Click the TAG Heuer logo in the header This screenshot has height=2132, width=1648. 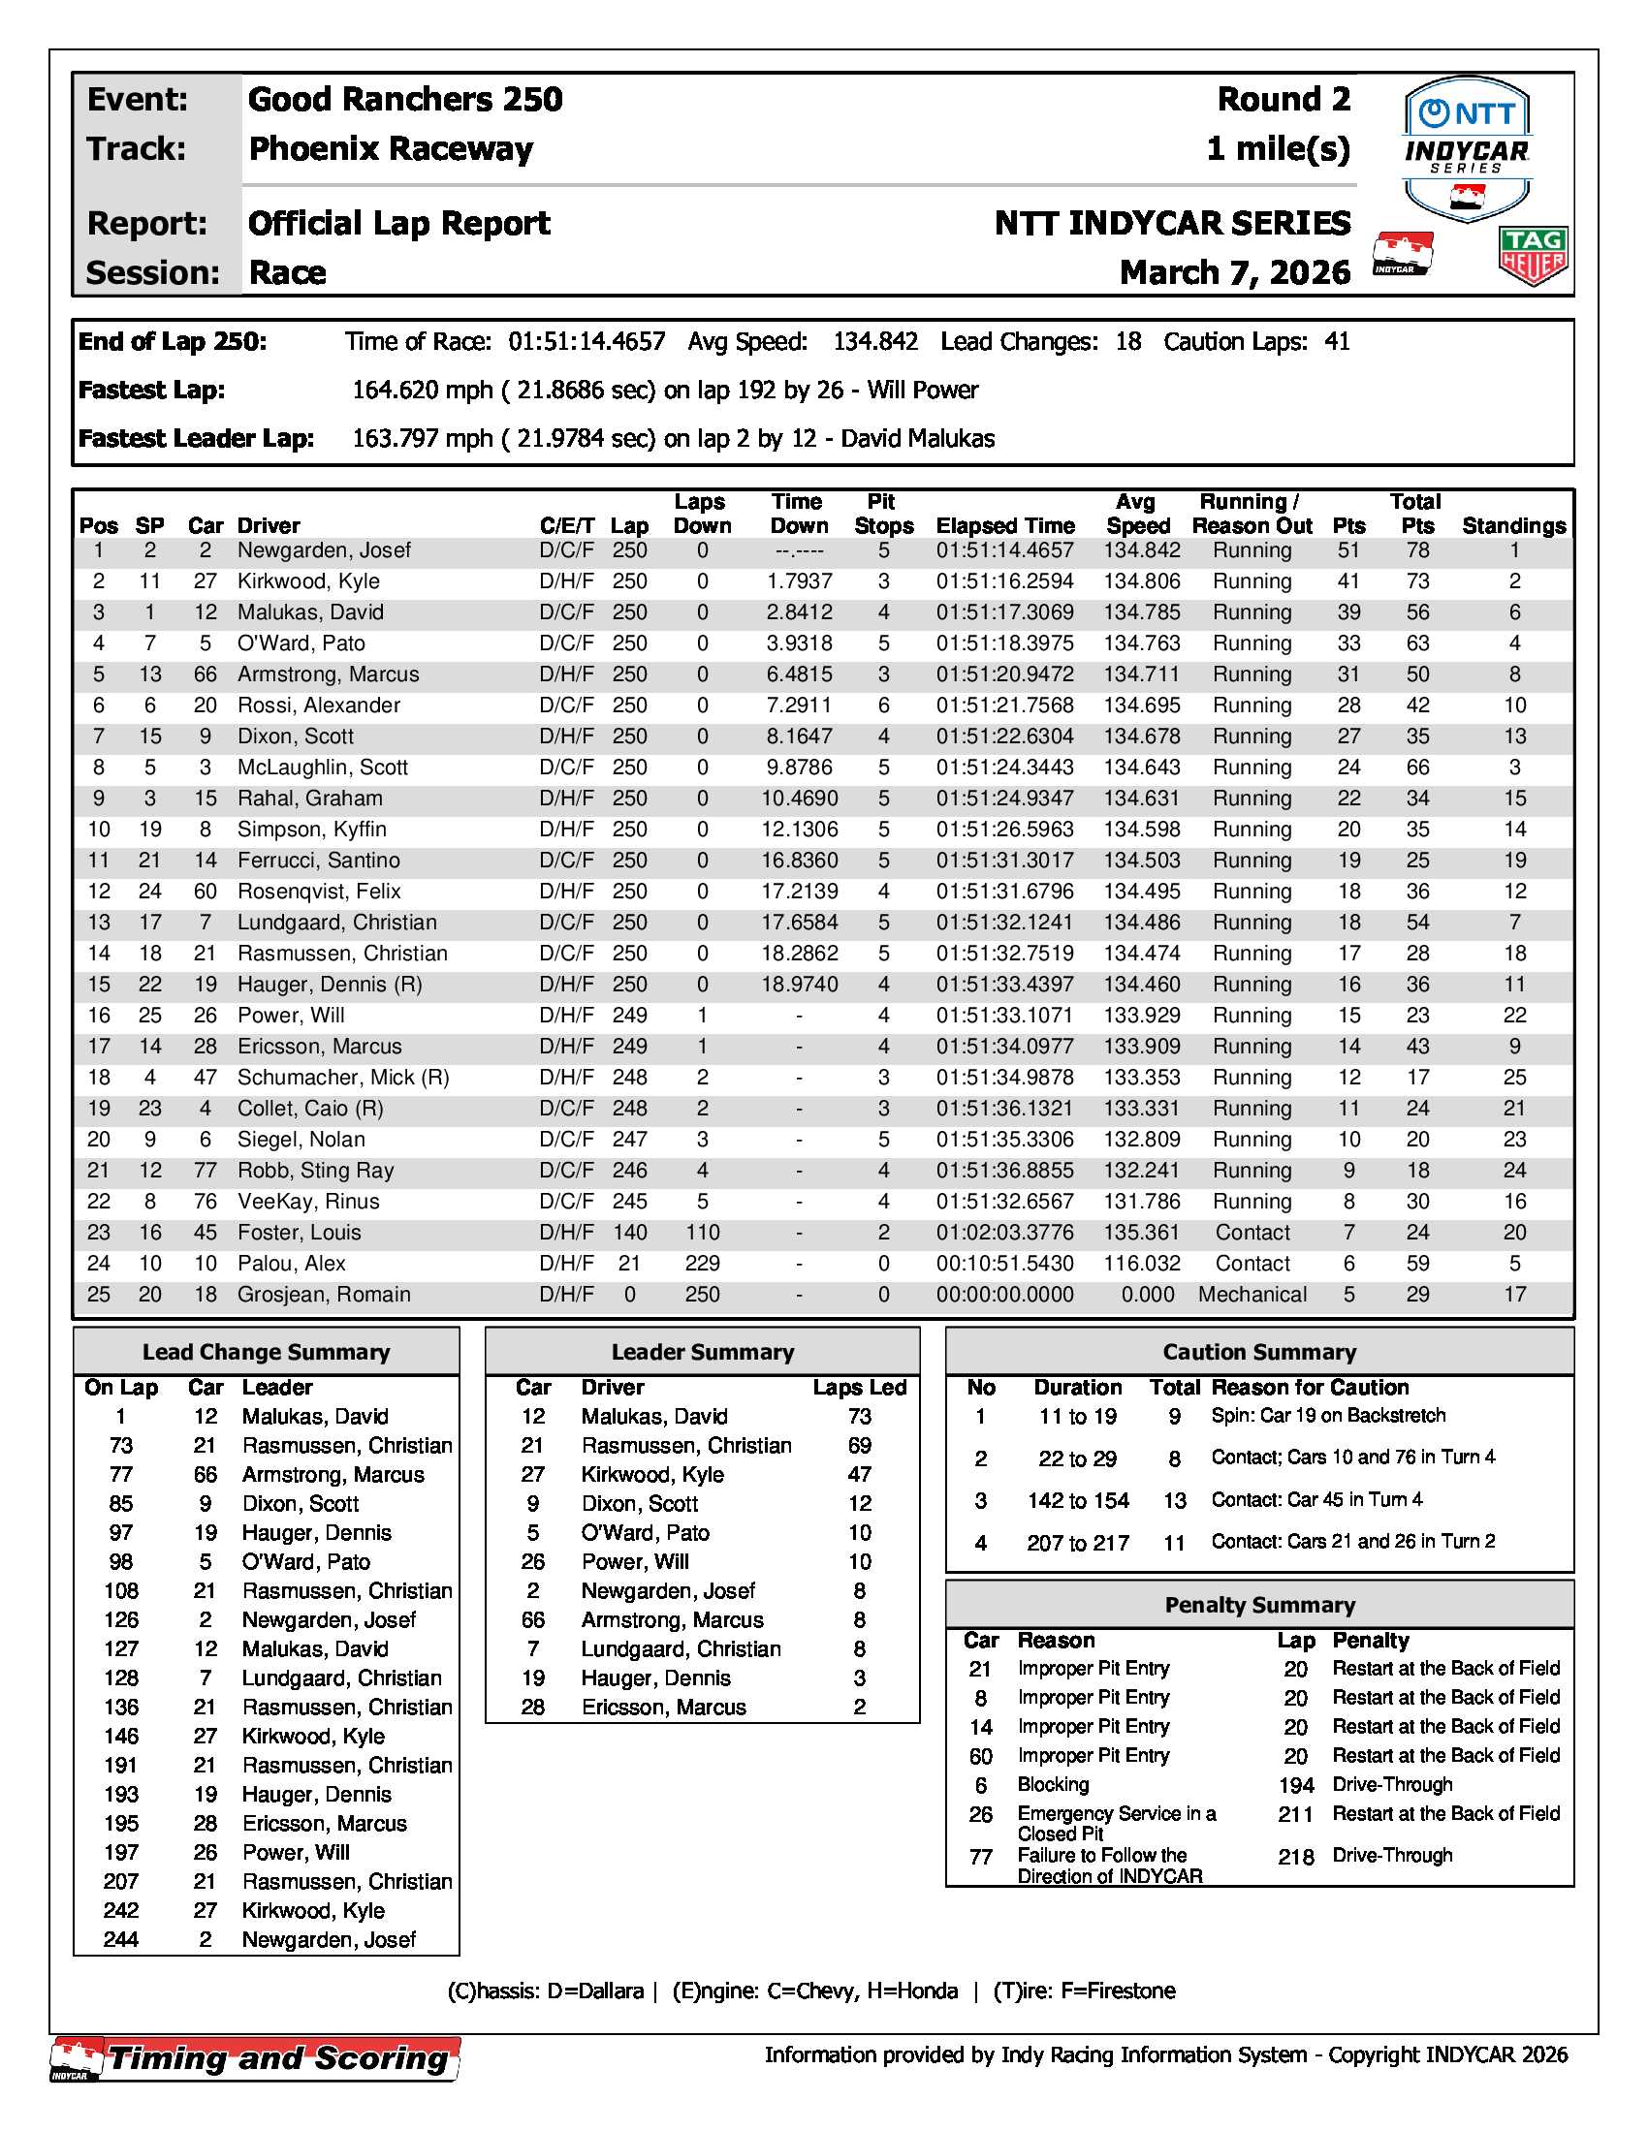[x=1532, y=256]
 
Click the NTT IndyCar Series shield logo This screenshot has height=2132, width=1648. [x=1467, y=148]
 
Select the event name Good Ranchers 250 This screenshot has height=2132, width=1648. [x=405, y=100]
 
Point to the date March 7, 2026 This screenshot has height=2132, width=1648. [x=1235, y=272]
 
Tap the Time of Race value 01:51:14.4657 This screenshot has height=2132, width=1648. [x=586, y=342]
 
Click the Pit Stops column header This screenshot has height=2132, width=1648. [x=883, y=514]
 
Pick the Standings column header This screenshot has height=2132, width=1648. [x=1513, y=525]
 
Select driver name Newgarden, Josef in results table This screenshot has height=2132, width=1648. [x=324, y=550]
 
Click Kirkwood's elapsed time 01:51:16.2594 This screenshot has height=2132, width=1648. [x=1004, y=581]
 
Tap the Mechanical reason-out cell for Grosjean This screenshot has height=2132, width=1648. [x=1252, y=1295]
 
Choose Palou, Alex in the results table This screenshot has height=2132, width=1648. [x=291, y=1263]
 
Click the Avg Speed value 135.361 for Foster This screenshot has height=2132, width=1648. [x=1141, y=1233]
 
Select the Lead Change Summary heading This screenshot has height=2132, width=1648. [x=266, y=1352]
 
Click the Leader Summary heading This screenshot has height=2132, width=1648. [x=702, y=1352]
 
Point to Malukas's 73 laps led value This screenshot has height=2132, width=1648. [x=859, y=1417]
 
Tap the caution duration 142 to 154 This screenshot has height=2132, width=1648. [x=1078, y=1500]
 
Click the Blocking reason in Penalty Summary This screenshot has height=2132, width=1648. [x=1053, y=1784]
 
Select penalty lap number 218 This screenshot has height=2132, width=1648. [x=1295, y=1857]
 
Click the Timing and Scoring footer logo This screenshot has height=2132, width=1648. [x=256, y=2058]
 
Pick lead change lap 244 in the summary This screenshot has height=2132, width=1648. [x=121, y=1940]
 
